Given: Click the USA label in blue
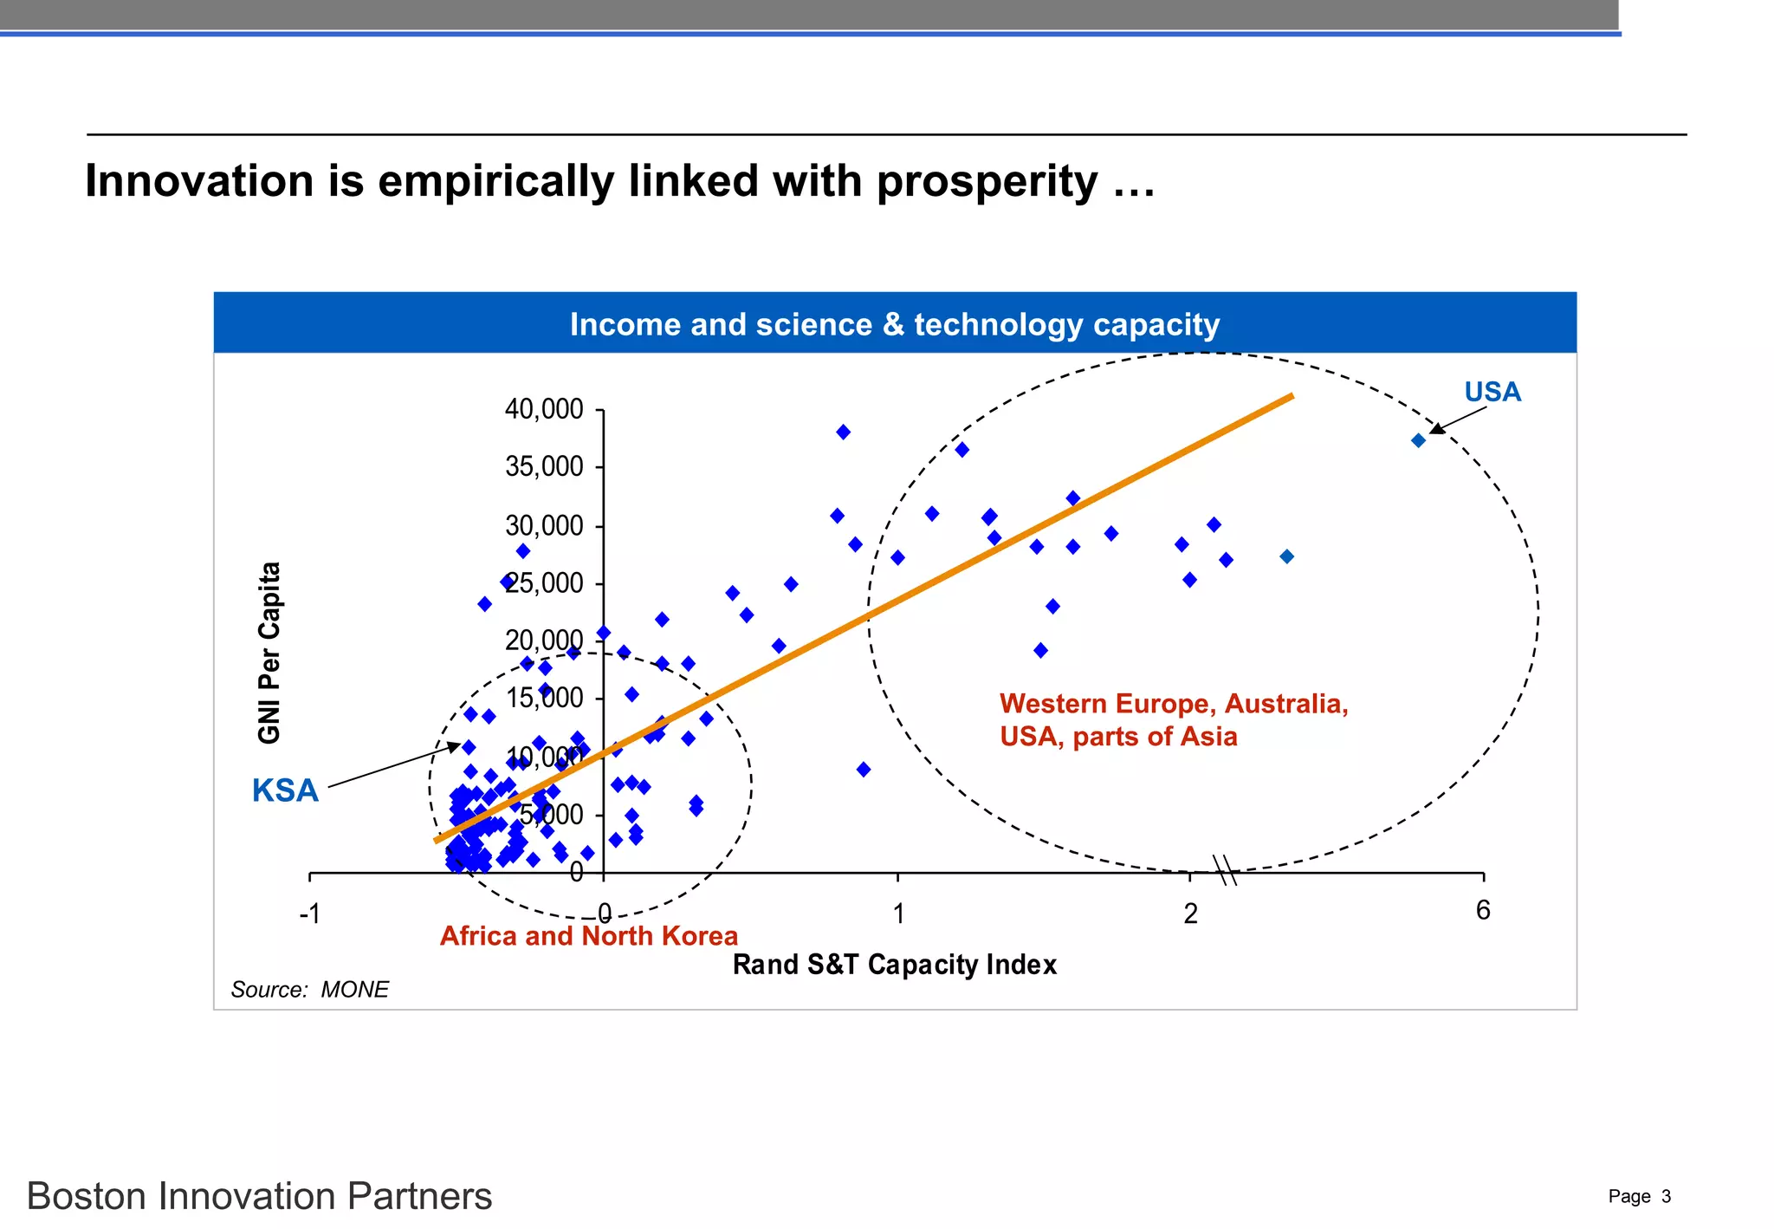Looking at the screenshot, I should tap(1492, 392).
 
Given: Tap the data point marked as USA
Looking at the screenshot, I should tap(1418, 440).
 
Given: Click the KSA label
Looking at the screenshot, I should tap(285, 790).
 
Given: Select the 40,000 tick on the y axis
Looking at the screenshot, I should tap(544, 409).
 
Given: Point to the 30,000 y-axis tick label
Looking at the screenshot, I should tap(544, 525).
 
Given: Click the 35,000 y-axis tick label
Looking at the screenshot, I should tap(544, 466).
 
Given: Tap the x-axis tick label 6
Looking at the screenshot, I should tap(1483, 910).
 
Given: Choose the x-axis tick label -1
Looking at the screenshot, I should tap(309, 914).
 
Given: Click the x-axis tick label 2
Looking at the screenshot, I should tap(1190, 914).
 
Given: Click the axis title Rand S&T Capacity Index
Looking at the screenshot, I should tap(894, 965).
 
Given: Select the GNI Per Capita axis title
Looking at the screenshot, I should tap(269, 653).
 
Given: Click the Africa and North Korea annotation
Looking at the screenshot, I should tap(588, 936).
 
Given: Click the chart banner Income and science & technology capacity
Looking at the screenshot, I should tap(894, 324).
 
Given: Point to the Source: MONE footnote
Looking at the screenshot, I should tap(309, 990).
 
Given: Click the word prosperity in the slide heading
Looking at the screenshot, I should tap(987, 182).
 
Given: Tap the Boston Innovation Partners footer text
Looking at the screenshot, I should tap(259, 1196).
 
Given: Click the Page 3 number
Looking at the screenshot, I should tap(1639, 1197).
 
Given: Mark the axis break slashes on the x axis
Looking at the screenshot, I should tap(1225, 870).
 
